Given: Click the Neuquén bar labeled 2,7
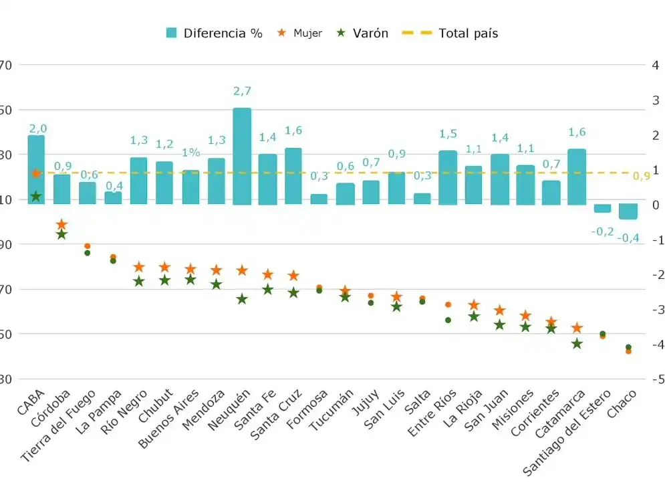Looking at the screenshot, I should coord(242,156).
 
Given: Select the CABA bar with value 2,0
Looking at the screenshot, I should coord(36,169).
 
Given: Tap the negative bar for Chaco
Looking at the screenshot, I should coord(628,211).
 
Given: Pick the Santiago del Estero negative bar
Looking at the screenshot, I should coord(602,208).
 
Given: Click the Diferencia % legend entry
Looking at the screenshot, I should coord(214,33).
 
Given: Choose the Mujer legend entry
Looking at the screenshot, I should coord(299,33).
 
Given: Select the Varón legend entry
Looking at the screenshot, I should coord(363,33).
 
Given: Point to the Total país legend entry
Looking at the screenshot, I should coord(450,33).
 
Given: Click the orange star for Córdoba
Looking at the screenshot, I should coord(61,224).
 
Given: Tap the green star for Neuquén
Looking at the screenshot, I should coord(242,299).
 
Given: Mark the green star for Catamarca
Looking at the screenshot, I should coord(577,344).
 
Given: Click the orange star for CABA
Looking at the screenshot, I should coord(36,173).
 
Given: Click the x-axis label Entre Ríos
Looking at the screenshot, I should coord(433,411).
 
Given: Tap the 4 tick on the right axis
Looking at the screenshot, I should coord(655,65).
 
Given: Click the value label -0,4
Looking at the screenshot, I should coord(628,237).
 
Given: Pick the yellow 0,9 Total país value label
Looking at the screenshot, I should coord(641,176).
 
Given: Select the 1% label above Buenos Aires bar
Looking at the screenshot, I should coord(190,152).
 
